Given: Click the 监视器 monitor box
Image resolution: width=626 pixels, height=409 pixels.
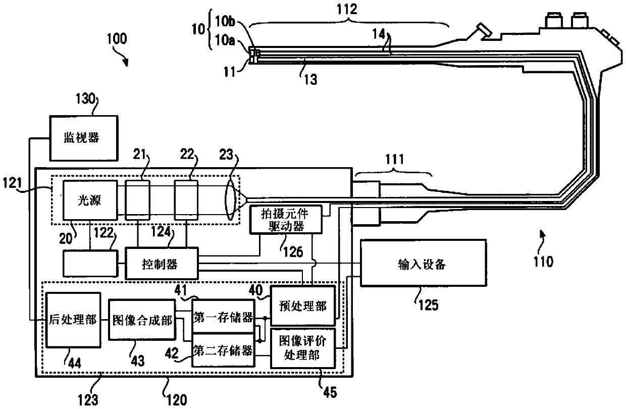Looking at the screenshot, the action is (x=84, y=138).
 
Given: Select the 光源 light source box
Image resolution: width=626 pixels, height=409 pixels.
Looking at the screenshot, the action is (x=90, y=200).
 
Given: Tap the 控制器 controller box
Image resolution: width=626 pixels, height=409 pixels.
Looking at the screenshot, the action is (x=162, y=264).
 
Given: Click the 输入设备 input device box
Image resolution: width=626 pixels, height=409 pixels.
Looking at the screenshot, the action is (x=423, y=263).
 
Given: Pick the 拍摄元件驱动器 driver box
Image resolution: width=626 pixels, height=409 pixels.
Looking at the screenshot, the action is (x=286, y=220).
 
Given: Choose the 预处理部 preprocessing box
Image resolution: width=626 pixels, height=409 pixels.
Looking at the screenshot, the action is (x=303, y=305).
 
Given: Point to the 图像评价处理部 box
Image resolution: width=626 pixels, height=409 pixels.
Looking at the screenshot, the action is (x=303, y=348).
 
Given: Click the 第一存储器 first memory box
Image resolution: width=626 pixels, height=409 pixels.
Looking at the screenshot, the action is (x=223, y=316).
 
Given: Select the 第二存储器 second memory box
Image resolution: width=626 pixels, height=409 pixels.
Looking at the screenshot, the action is (x=223, y=350).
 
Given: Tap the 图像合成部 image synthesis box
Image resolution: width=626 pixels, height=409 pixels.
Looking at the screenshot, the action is (x=142, y=320).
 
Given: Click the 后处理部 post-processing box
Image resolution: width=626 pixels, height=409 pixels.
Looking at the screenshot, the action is (x=73, y=320).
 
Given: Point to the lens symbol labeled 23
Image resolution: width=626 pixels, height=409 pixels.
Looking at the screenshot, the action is (x=230, y=200).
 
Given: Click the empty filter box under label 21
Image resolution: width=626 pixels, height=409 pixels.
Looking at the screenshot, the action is (x=137, y=200).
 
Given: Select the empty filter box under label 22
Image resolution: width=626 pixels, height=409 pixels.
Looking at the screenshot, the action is (x=186, y=200).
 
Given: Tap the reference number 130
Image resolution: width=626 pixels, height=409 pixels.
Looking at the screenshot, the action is (x=85, y=98).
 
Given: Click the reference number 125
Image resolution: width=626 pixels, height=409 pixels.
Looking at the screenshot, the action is (x=428, y=304).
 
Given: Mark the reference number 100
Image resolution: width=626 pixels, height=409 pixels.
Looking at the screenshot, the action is (x=117, y=38).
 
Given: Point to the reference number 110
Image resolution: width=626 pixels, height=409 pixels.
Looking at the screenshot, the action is (x=543, y=262).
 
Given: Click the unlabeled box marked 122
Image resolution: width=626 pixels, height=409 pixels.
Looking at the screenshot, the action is (x=90, y=264).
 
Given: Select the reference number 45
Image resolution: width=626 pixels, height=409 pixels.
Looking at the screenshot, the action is (x=330, y=392).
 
